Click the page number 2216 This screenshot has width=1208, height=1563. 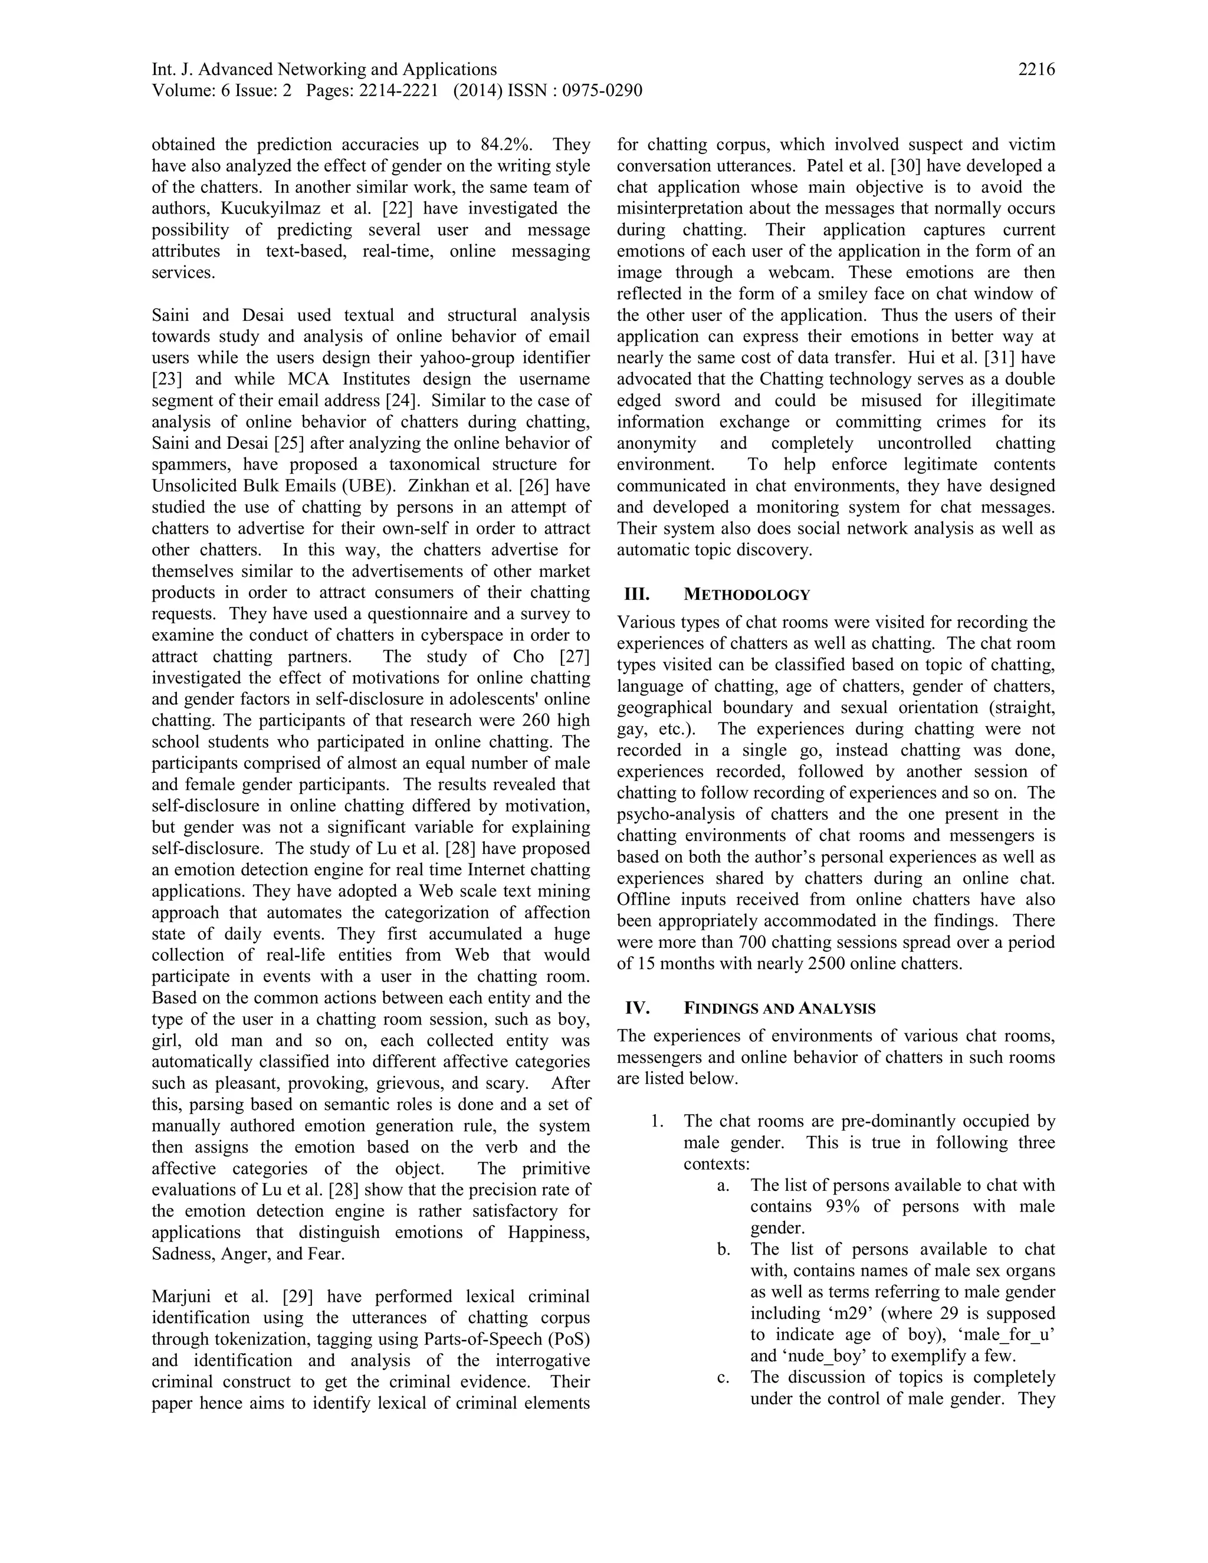[x=1036, y=70]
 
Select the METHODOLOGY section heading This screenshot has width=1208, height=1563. [x=747, y=595]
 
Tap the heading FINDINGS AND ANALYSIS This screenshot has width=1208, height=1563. [x=779, y=1009]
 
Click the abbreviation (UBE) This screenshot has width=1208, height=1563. [x=369, y=486]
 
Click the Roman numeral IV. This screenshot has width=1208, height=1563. [x=637, y=1009]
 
